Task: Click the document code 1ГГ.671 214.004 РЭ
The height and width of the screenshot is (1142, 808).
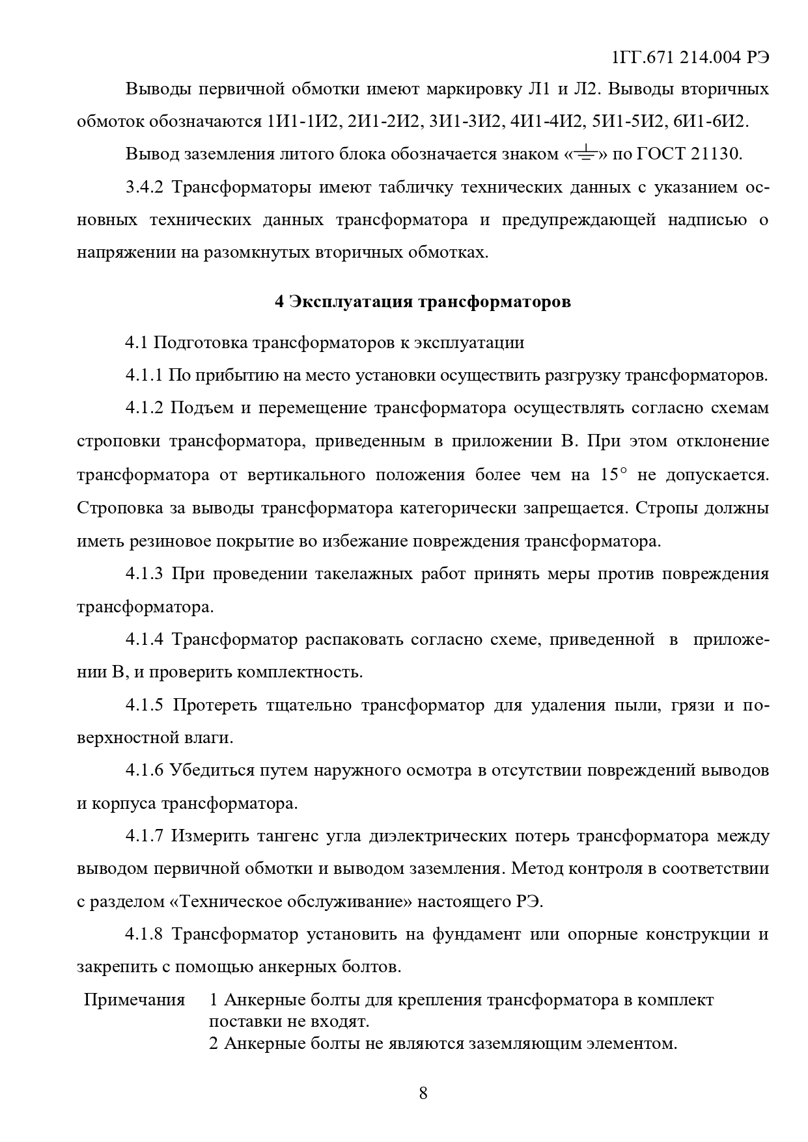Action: coord(690,57)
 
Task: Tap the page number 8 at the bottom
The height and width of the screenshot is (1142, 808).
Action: coord(423,1093)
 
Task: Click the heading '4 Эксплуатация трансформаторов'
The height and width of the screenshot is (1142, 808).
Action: coord(423,302)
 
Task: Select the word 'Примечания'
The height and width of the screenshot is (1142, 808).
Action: coord(134,999)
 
